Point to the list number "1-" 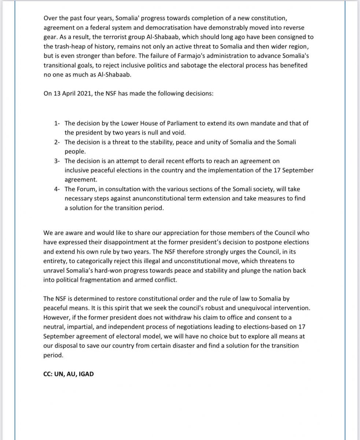pos(57,123)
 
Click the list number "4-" pos(57,188)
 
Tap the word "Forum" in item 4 pos(86,188)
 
